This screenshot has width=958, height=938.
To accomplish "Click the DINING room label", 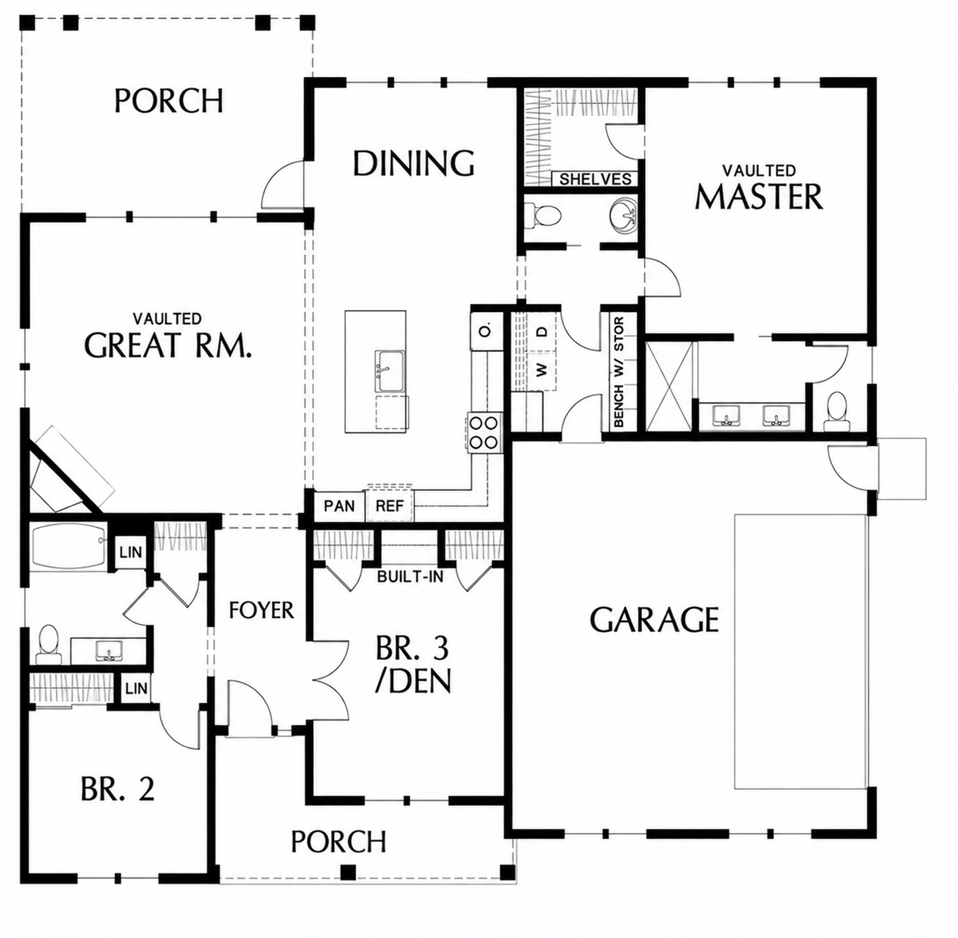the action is [413, 163].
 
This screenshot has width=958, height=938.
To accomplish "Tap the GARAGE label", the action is [654, 619].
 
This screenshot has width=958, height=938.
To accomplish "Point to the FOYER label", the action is [262, 610].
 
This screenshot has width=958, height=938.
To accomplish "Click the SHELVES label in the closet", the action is [595, 178].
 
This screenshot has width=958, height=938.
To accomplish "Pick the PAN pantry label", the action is [339, 506].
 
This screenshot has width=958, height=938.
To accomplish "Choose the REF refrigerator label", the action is [389, 506].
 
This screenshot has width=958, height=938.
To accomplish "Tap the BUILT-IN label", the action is [410, 577].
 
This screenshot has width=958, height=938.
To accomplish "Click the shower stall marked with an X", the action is [669, 385].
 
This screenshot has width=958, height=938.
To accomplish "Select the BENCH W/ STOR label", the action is [619, 372].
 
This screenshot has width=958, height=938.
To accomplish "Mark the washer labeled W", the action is [542, 370].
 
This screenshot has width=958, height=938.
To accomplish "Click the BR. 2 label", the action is [118, 788].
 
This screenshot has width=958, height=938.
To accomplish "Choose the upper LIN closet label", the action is [131, 552].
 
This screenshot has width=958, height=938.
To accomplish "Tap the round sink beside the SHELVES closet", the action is [623, 217].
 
